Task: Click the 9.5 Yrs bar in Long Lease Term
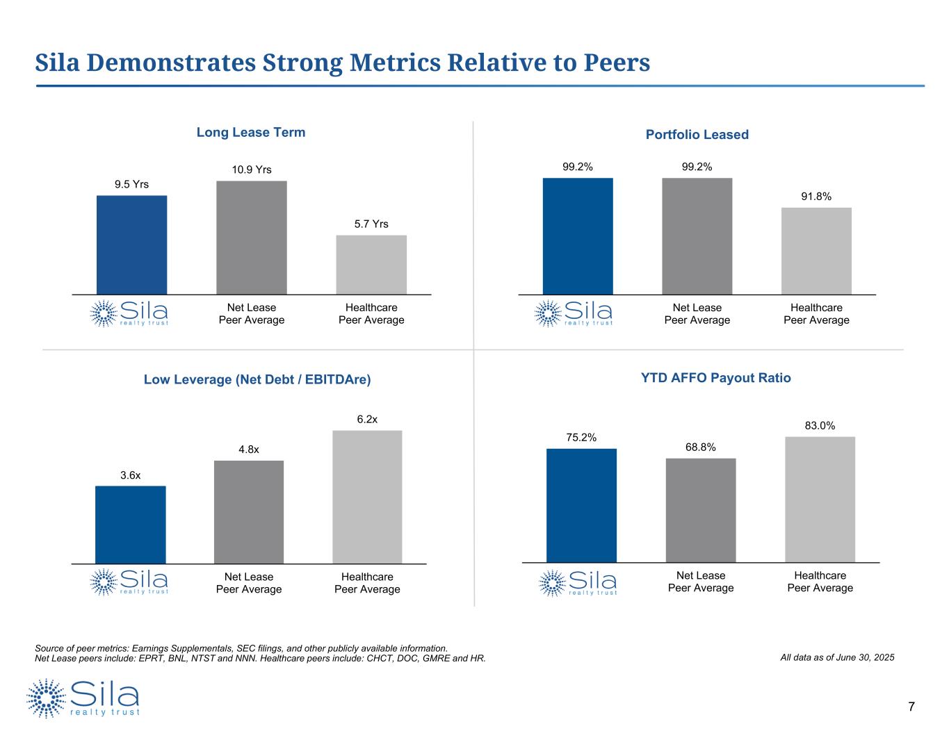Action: (x=131, y=245)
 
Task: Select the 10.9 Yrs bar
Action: (x=252, y=238)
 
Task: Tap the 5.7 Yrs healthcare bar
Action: (x=371, y=265)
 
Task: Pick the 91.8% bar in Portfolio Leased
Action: (x=816, y=251)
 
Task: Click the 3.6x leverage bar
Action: (x=131, y=525)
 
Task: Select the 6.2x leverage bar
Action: (x=367, y=497)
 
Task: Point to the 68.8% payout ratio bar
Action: (x=701, y=510)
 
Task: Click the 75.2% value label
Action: (x=581, y=437)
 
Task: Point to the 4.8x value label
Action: (x=249, y=450)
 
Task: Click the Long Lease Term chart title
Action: (x=251, y=132)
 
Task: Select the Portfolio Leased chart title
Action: (x=697, y=135)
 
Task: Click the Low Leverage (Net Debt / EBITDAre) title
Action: (x=257, y=379)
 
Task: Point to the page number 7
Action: (x=911, y=707)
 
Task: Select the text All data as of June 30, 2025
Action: (x=838, y=657)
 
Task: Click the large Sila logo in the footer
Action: (x=83, y=698)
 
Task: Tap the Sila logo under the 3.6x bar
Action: (x=129, y=582)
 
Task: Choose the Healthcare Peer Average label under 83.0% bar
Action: (x=820, y=582)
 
